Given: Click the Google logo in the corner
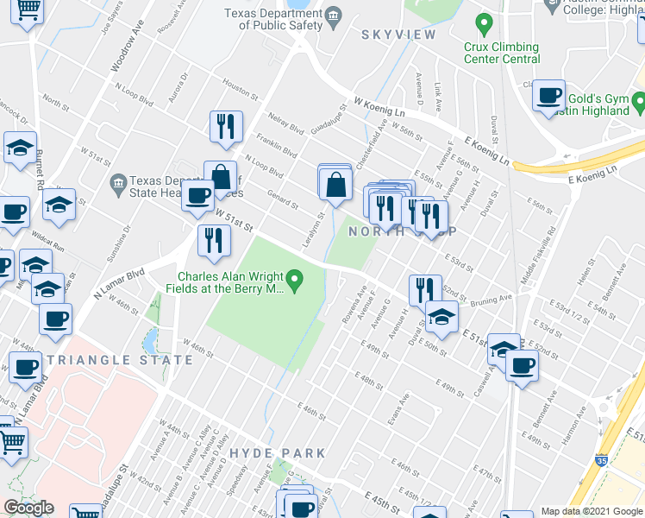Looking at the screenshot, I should point(28,508).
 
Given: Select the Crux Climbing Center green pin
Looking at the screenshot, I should point(484,22).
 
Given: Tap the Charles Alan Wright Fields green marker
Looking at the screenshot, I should point(295,278).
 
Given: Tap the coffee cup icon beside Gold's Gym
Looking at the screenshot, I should point(548,96).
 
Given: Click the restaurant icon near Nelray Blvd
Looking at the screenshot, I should point(226,126).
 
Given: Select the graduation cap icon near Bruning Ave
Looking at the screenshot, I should point(441,316).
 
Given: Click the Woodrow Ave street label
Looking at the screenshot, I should point(126,51).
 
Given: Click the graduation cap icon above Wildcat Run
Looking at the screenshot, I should point(59,205).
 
